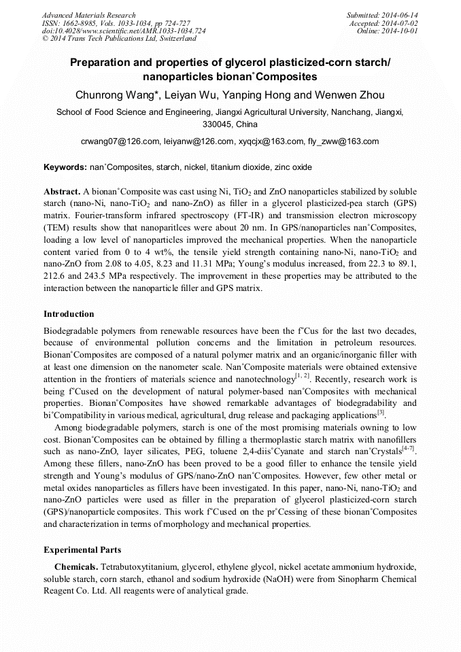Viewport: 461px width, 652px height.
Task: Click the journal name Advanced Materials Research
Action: [88, 15]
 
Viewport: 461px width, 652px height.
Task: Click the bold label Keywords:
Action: [65, 167]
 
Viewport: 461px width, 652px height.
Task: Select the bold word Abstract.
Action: [62, 192]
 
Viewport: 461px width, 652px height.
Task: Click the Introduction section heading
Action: [69, 314]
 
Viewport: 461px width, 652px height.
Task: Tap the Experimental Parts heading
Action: [82, 550]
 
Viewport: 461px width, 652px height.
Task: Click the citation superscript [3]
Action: [381, 411]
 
